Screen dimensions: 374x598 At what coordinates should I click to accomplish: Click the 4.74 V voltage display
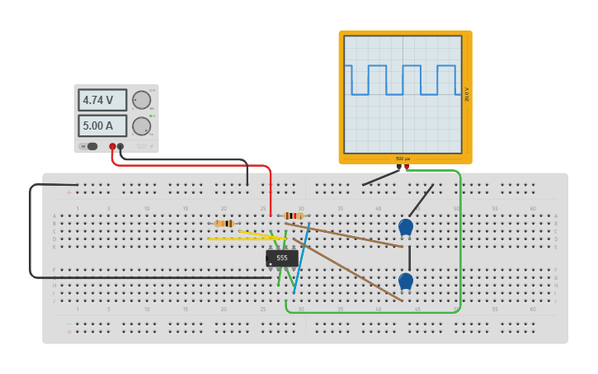coord(102,100)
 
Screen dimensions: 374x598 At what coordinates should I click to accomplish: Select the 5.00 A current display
coord(102,125)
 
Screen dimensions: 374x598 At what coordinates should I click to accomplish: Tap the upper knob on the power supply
coord(142,100)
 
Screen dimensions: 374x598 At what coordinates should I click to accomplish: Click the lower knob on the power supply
coord(142,126)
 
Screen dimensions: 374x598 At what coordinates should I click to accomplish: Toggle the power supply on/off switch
coord(89,146)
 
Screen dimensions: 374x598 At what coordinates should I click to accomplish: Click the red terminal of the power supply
coord(112,146)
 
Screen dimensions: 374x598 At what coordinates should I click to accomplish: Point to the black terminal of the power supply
coord(120,146)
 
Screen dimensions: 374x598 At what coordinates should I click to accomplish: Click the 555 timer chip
coord(282,258)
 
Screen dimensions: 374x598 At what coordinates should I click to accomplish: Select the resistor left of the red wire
coord(224,223)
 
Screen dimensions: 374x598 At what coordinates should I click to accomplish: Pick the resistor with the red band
coord(293,215)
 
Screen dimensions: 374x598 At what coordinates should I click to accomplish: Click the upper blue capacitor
coord(405,226)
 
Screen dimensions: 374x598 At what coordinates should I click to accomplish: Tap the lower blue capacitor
coord(405,281)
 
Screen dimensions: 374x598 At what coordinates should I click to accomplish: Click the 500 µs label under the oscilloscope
coord(402,159)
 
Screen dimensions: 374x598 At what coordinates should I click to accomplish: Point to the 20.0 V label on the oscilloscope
coord(467,94)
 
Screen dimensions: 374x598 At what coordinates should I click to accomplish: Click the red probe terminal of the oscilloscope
coord(407,167)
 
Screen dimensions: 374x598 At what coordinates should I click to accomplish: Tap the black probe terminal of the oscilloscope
coord(398,167)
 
